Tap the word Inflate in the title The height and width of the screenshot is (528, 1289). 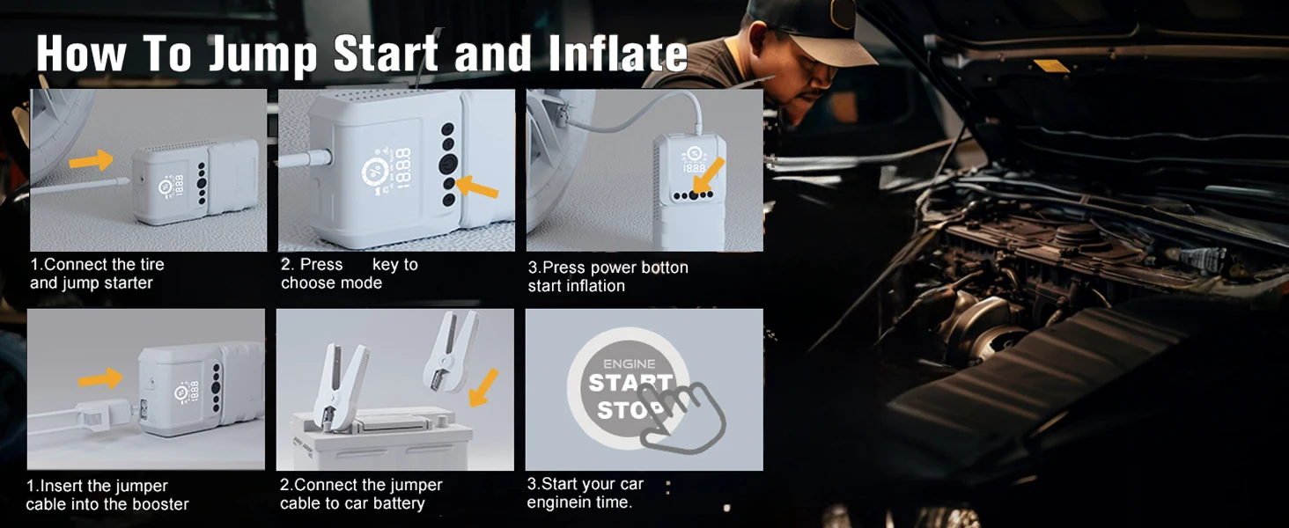tap(617, 53)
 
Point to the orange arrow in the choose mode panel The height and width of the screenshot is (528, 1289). tap(476, 187)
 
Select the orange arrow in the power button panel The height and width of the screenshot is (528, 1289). tap(709, 175)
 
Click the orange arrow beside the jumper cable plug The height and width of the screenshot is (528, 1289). tap(100, 379)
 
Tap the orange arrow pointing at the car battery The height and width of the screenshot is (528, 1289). tap(483, 387)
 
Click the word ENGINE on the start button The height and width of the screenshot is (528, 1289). tap(629, 363)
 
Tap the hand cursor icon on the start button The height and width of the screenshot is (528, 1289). tap(681, 416)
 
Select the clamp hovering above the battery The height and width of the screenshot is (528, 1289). tap(451, 350)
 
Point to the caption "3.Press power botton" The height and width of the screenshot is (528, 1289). tap(608, 268)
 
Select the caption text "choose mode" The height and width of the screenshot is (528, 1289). tap(331, 283)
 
